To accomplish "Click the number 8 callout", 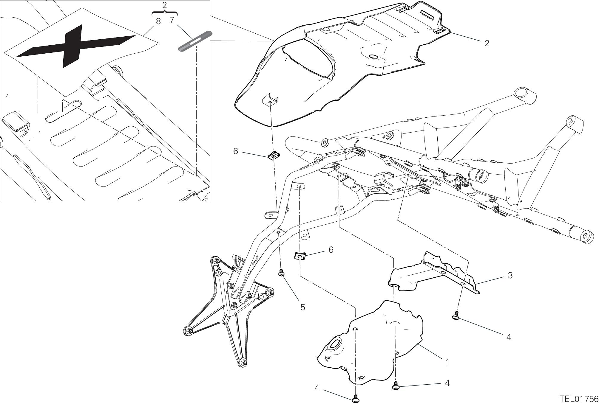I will (158, 21).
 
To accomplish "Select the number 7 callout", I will (172, 20).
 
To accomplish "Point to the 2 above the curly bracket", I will (164, 5).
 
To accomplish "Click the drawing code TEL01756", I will (579, 399).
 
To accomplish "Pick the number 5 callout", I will (302, 307).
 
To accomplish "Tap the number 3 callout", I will (510, 275).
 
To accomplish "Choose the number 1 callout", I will (447, 362).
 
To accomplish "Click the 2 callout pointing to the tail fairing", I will (487, 43).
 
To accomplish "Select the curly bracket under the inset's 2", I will (164, 13).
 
